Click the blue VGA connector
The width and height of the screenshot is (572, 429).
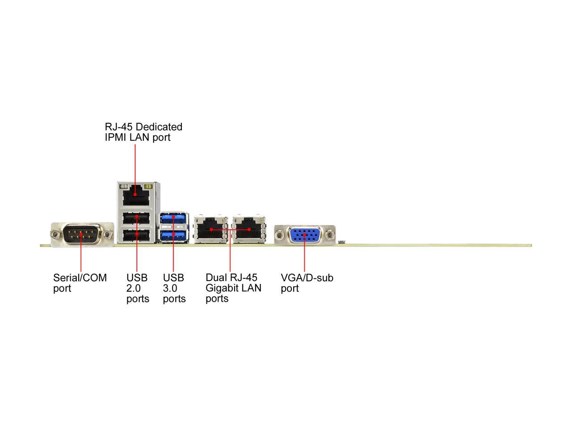coord(305,235)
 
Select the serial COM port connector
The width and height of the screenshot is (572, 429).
coord(82,234)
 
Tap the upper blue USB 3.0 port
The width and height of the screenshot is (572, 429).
coord(174,218)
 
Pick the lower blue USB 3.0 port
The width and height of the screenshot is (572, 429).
coord(174,235)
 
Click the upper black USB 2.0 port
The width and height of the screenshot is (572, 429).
coord(136,218)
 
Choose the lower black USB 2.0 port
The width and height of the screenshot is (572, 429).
coord(136,235)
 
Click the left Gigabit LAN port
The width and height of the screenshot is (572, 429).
coord(211,230)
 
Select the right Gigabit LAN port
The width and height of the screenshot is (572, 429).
coord(249,230)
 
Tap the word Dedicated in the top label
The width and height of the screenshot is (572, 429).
coord(159,127)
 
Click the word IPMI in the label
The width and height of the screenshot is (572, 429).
coord(116,137)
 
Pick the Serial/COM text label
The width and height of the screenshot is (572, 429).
coord(80,278)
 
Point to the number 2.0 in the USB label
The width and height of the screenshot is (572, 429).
coord(134,288)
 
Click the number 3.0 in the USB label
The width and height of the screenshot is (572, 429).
coord(170,288)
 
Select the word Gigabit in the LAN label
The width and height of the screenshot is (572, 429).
coord(222,288)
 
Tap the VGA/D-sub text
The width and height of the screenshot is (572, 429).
coord(307,278)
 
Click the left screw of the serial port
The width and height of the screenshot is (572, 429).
coord(55,234)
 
